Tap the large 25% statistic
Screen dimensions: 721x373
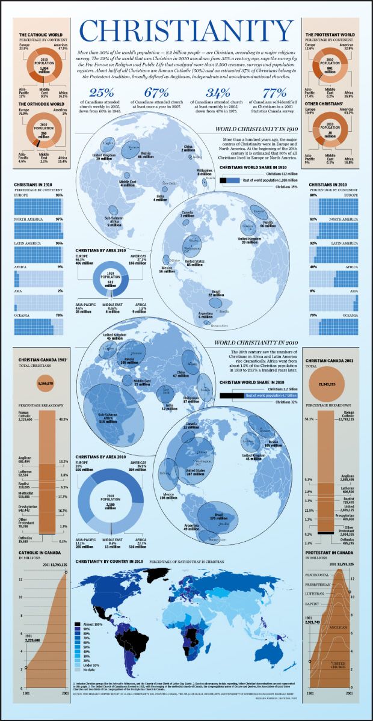101,93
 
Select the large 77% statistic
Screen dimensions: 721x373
274,93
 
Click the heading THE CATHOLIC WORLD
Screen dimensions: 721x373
39,35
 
